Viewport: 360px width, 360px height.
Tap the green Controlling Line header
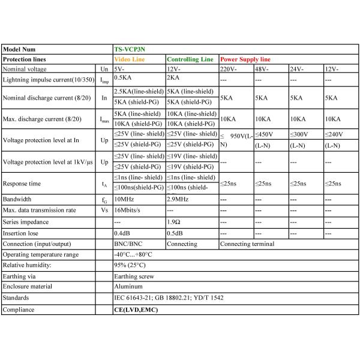(190, 60)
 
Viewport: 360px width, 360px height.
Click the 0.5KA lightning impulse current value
(123, 79)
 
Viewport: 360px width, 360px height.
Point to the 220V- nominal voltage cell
(229, 70)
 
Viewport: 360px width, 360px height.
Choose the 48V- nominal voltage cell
(262, 70)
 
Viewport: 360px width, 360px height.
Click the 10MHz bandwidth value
(125, 199)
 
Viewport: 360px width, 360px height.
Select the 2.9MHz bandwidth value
(178, 199)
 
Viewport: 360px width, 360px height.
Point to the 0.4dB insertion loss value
(122, 233)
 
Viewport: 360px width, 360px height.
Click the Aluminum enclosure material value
(129, 287)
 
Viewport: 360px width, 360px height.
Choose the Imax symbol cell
(104, 118)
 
